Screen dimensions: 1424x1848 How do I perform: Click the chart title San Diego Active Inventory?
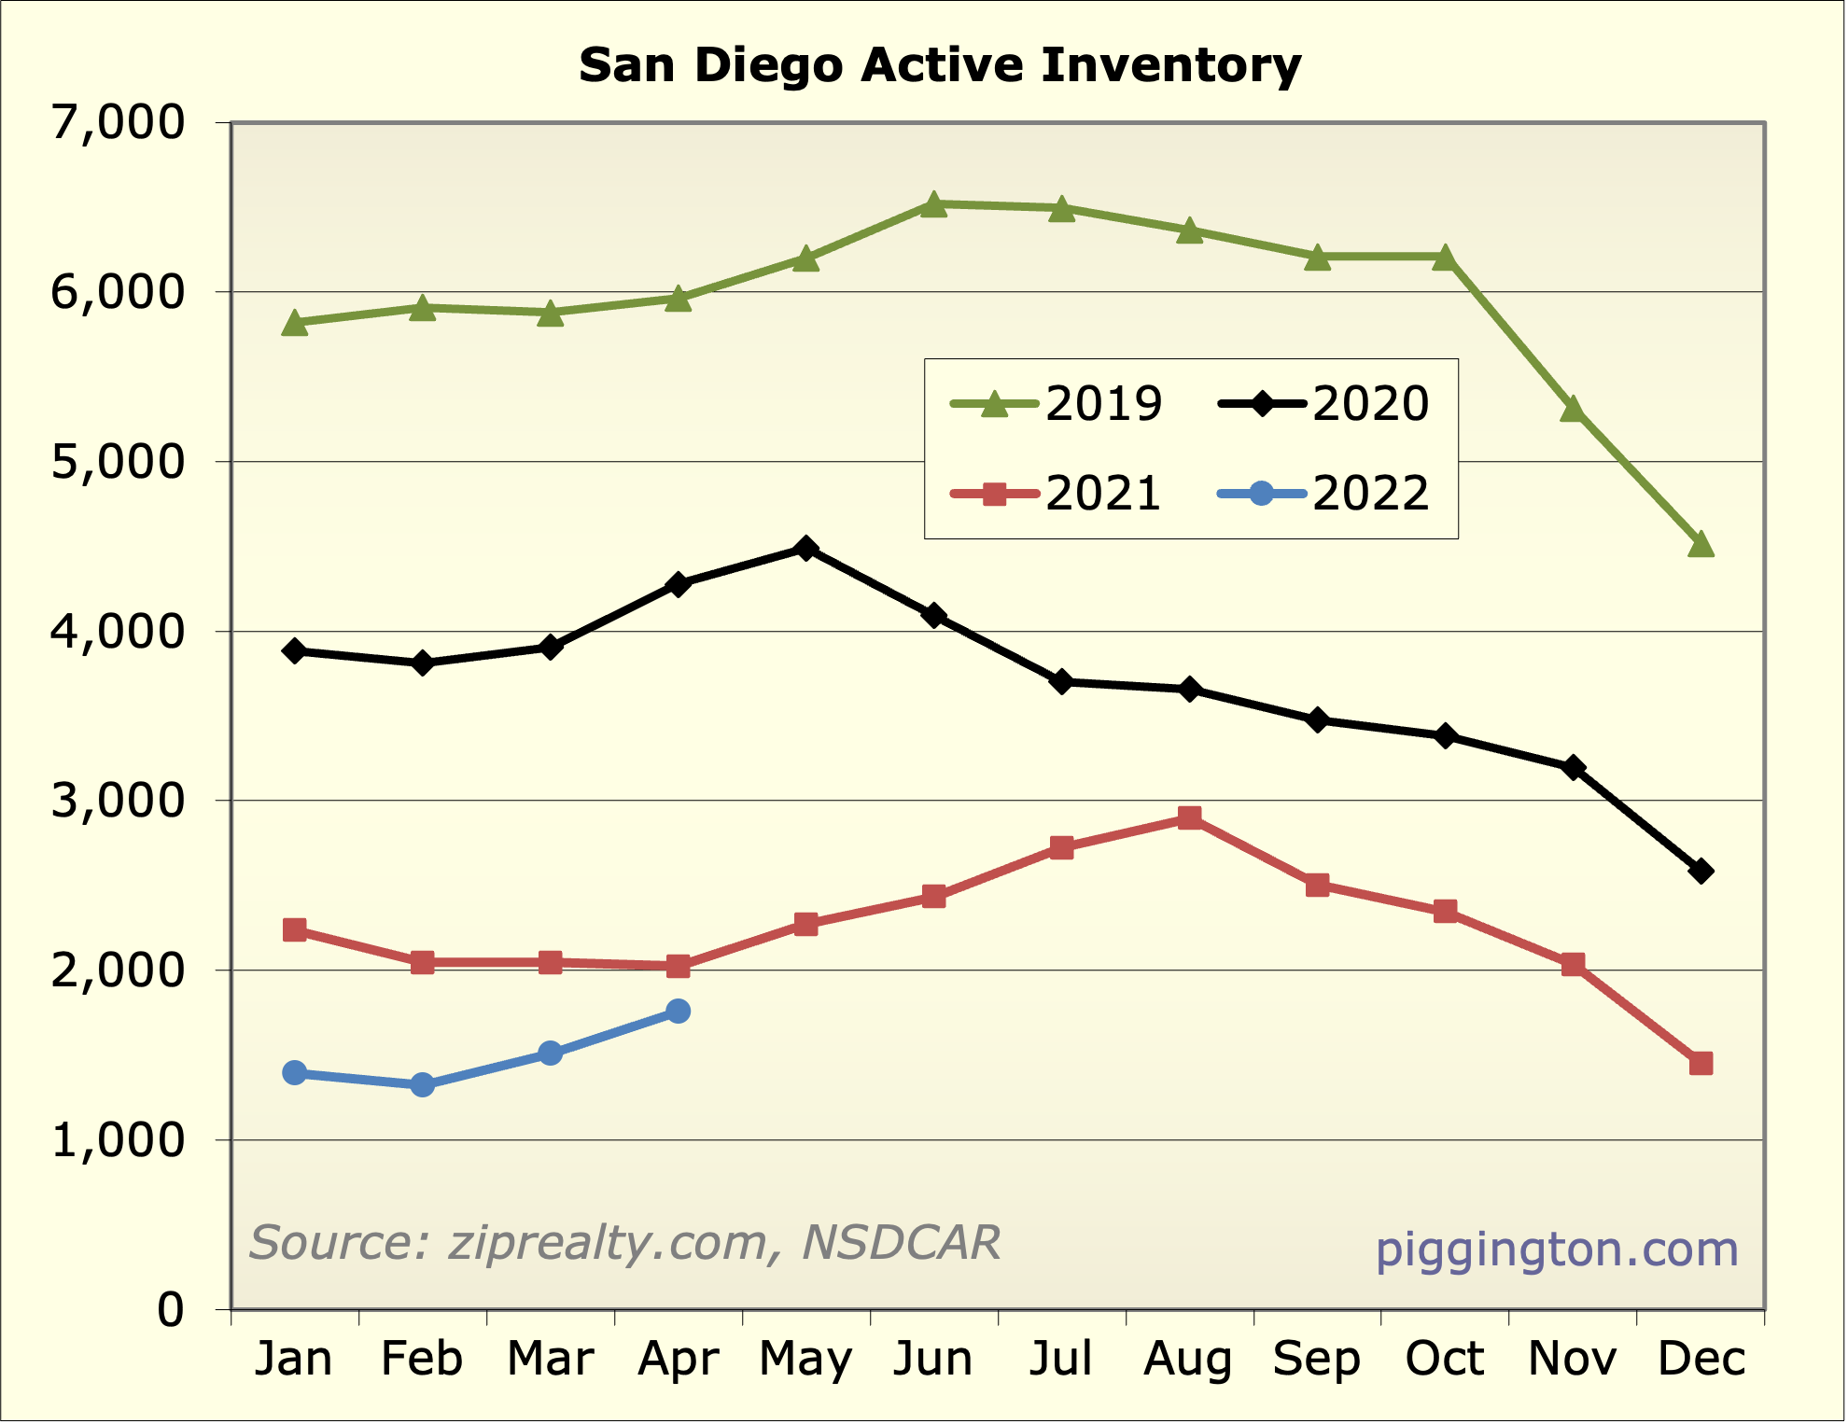939,65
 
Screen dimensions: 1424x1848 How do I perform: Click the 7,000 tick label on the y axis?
118,122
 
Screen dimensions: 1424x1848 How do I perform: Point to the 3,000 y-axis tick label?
118,801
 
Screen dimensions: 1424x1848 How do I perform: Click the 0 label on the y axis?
171,1310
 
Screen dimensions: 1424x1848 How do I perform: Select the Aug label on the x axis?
1188,1359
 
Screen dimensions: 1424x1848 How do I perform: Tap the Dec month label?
1701,1359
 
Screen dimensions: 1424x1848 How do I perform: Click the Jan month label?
294,1359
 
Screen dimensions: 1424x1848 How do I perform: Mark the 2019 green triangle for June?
933,204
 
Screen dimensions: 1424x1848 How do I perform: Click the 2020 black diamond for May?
806,549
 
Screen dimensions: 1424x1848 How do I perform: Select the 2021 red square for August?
1189,818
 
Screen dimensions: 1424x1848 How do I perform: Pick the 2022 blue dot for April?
679,1012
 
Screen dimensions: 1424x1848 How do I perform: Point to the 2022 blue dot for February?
422,1084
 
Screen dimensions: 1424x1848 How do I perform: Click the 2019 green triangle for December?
1701,544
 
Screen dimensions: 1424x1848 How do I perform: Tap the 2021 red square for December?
1701,1064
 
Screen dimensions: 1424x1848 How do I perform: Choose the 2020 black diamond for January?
295,651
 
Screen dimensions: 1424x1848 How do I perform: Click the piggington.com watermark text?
1556,1249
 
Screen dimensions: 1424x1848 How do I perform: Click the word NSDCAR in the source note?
901,1243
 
